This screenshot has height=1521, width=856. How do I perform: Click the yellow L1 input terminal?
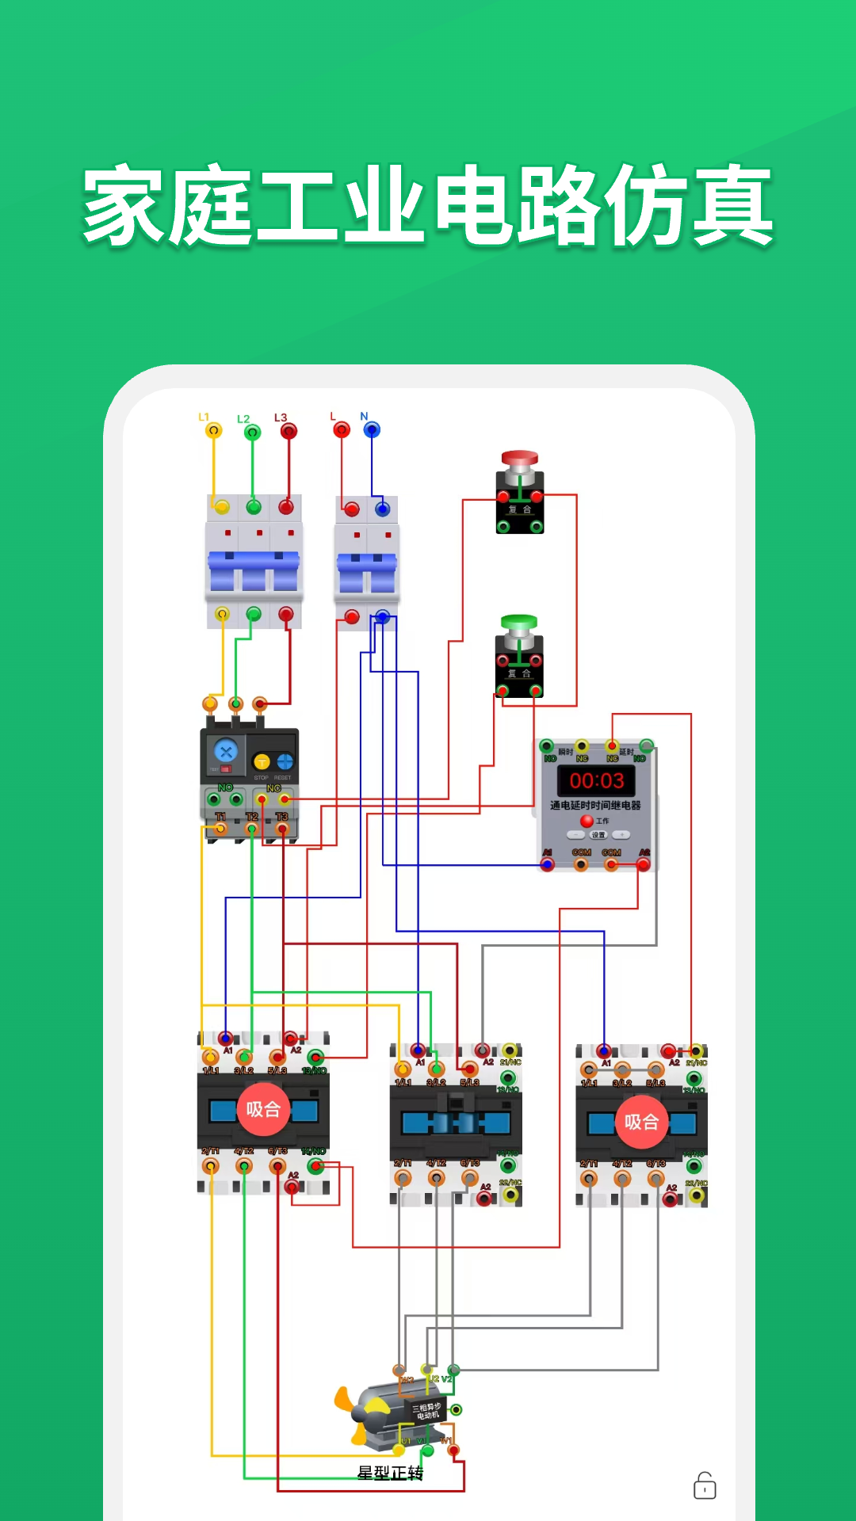tap(213, 431)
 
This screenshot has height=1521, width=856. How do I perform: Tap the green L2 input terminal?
tap(252, 433)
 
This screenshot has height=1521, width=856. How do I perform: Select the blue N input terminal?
tap(372, 430)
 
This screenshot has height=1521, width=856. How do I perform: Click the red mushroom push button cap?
tap(520, 459)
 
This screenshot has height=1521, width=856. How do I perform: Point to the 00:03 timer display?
tap(597, 781)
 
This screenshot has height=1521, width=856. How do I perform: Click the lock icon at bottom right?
tap(705, 1486)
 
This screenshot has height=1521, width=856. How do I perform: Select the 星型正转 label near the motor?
tap(390, 1473)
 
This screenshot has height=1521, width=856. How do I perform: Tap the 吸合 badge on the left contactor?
tap(263, 1109)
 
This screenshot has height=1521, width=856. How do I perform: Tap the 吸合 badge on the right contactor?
tap(641, 1122)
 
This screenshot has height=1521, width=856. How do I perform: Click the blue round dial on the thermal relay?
tap(226, 751)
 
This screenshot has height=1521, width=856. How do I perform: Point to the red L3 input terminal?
tap(289, 432)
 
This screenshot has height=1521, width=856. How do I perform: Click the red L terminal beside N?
tap(342, 430)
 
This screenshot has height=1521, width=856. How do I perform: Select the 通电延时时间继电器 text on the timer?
tap(596, 806)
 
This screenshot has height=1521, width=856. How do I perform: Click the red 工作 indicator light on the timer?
tap(587, 821)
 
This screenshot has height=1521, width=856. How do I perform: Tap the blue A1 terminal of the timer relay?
tap(547, 864)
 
